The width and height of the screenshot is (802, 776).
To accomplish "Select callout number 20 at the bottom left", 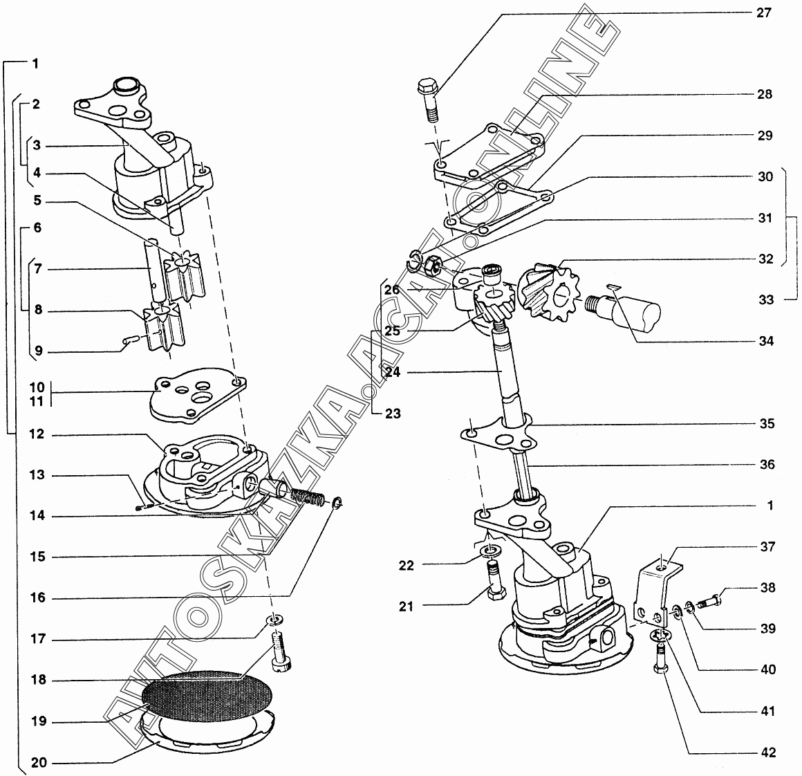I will (x=39, y=763).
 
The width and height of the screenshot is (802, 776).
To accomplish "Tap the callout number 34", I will (x=765, y=341).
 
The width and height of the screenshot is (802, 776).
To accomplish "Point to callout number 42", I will (x=767, y=752).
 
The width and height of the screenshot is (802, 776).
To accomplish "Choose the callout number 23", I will (x=393, y=414).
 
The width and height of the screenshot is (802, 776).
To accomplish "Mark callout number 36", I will (x=766, y=465).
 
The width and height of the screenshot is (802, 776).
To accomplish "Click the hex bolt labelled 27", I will (x=429, y=100).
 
